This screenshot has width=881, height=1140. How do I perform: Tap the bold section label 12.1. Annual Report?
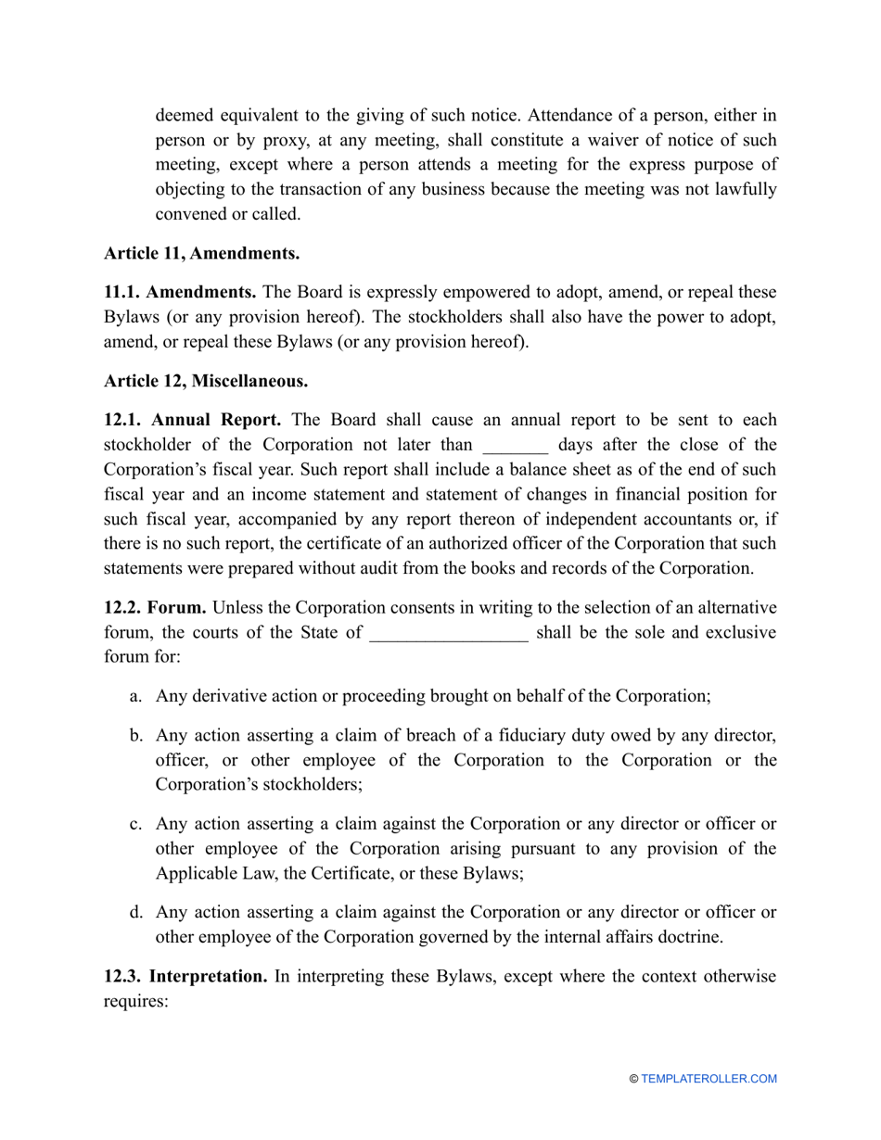[x=193, y=420]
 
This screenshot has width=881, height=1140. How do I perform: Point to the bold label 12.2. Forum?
[x=155, y=608]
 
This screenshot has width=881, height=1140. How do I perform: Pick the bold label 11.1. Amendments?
[x=181, y=292]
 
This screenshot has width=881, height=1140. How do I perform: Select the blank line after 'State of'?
[x=449, y=635]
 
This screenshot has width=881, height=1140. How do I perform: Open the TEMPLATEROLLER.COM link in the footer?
[x=709, y=1079]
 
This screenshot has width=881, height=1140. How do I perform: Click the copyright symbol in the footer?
[x=634, y=1079]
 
